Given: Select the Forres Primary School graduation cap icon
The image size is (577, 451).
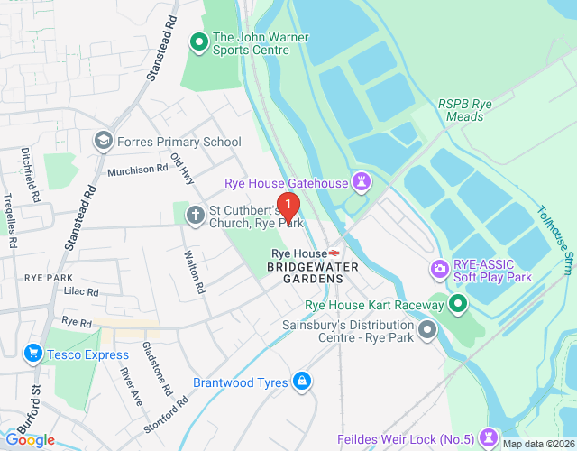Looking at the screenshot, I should [104, 141].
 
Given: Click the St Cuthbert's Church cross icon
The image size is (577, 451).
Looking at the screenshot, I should [195, 215].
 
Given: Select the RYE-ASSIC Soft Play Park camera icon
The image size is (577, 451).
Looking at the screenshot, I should [439, 269].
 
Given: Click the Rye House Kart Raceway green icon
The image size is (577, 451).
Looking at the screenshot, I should [457, 306].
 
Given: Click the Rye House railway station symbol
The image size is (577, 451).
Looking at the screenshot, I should [334, 253].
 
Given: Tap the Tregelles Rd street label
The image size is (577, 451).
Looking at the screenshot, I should [10, 223].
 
